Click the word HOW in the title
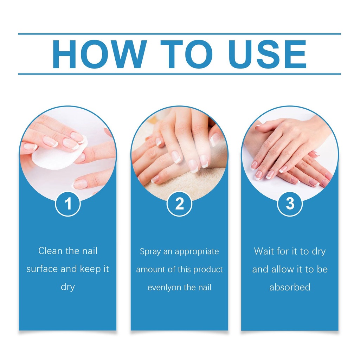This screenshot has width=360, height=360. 99,54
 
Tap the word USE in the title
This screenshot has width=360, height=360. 267,54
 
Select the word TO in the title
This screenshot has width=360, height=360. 186,54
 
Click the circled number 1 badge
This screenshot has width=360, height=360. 68,204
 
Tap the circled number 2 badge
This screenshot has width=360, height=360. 179,204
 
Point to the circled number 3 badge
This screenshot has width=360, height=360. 290,204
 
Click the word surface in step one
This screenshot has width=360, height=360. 42,269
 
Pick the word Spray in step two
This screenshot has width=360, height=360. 150,252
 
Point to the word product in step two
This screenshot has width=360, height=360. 208,270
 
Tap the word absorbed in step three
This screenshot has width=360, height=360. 290,287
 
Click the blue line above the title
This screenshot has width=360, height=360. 179,34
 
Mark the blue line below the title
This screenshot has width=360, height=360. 179,74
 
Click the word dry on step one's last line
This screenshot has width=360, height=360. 68,287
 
